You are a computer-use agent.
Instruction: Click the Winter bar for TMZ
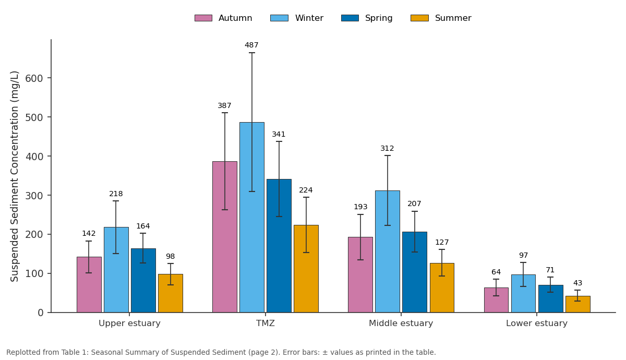(x=252, y=217)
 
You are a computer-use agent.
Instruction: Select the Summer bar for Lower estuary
(x=577, y=304)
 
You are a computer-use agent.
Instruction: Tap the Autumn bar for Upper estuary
(x=89, y=284)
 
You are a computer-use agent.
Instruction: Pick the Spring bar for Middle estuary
(x=414, y=272)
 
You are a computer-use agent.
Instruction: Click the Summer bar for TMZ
(x=306, y=269)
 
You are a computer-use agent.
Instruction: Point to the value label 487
(x=251, y=45)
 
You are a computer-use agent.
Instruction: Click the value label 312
(x=387, y=148)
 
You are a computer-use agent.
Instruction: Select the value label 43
(x=577, y=283)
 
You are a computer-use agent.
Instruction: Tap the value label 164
(x=143, y=226)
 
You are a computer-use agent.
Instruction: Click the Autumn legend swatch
(x=203, y=18)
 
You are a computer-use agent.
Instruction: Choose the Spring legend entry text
(x=379, y=18)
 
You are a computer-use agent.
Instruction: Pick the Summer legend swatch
(x=419, y=18)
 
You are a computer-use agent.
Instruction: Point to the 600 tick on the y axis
(x=50, y=78)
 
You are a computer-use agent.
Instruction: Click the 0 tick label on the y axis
(x=41, y=313)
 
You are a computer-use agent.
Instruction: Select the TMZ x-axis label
(x=266, y=323)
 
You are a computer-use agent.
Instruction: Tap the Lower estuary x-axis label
(x=537, y=323)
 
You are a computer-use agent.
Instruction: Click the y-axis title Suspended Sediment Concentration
(x=15, y=176)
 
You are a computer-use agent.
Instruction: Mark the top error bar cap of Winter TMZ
(x=252, y=53)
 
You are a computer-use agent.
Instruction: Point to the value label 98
(x=170, y=256)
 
